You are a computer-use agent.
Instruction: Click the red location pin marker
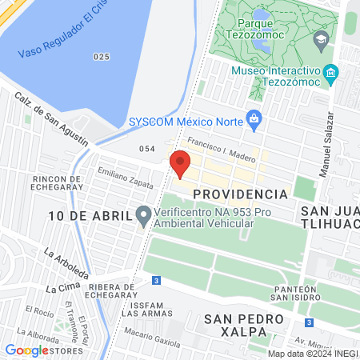pos(180,164)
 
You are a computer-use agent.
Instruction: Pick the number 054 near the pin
pos(146,150)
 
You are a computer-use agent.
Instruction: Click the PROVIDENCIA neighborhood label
pos(240,194)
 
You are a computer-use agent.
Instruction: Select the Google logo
pos(26,350)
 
